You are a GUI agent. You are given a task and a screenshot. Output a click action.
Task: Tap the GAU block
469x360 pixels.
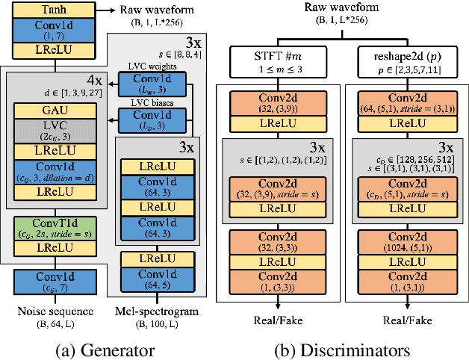coord(49,109)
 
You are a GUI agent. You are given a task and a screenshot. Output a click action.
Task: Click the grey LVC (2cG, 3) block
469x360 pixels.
coord(49,131)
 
